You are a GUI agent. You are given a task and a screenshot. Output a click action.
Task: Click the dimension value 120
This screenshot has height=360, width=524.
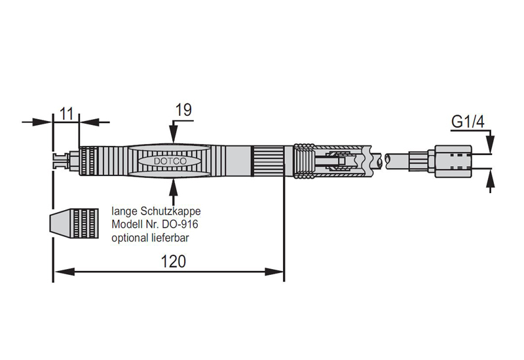174,261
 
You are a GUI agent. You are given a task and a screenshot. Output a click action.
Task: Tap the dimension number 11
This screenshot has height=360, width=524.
65,112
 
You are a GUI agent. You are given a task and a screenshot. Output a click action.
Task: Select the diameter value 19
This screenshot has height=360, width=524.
184,110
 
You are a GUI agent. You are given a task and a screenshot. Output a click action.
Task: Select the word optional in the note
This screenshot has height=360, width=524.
129,238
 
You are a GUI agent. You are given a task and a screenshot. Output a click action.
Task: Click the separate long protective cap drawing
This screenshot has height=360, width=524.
73,226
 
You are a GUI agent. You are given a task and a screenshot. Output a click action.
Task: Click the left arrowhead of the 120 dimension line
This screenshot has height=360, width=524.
57,270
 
